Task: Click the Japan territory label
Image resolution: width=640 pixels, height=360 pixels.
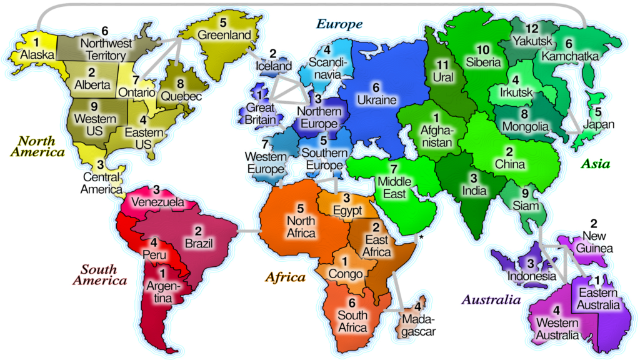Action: point(599,124)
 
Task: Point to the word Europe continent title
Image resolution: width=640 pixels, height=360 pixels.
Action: point(339,24)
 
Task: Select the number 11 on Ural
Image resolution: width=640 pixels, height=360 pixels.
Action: point(442,65)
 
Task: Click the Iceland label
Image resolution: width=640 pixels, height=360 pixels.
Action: point(273,66)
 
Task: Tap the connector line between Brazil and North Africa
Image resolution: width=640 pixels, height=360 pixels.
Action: point(251,231)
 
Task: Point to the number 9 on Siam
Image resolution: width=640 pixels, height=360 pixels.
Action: point(525,192)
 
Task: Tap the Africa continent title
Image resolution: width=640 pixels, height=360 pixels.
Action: point(285,277)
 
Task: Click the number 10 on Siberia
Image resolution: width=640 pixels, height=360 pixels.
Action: point(483,49)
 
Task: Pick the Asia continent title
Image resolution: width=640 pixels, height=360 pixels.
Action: point(595,164)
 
